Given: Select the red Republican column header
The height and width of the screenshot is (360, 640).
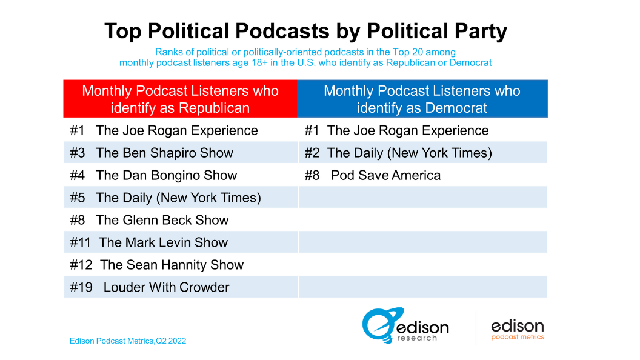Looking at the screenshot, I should [180, 99].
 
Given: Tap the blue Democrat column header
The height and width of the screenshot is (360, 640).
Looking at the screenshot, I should [422, 99].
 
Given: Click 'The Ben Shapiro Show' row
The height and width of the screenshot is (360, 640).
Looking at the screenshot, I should [164, 153].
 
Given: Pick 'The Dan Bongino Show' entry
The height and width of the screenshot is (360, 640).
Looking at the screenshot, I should [166, 175].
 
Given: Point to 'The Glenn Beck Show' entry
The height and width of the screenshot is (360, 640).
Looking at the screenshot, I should [162, 220].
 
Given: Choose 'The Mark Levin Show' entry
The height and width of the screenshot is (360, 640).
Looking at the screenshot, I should [163, 242].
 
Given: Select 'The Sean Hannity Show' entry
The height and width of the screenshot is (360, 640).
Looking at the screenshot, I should [172, 265].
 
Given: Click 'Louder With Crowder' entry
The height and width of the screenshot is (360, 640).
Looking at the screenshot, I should [166, 287].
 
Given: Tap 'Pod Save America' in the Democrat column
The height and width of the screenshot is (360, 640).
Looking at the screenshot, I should [385, 175].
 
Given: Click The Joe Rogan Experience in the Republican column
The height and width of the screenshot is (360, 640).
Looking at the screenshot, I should [176, 130].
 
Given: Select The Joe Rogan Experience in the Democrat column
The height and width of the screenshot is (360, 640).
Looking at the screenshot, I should [407, 130].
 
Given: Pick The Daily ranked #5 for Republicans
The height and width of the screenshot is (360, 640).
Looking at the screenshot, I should [178, 198].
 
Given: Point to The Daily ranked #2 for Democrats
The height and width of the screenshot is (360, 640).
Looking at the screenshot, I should [409, 153].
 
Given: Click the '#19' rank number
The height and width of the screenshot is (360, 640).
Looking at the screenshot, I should [81, 287].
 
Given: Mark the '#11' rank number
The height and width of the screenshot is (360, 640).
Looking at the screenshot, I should [80, 242].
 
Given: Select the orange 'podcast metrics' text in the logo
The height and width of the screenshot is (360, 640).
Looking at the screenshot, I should [517, 337].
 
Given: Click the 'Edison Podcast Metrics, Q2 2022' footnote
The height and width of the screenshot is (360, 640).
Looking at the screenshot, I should [128, 341].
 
